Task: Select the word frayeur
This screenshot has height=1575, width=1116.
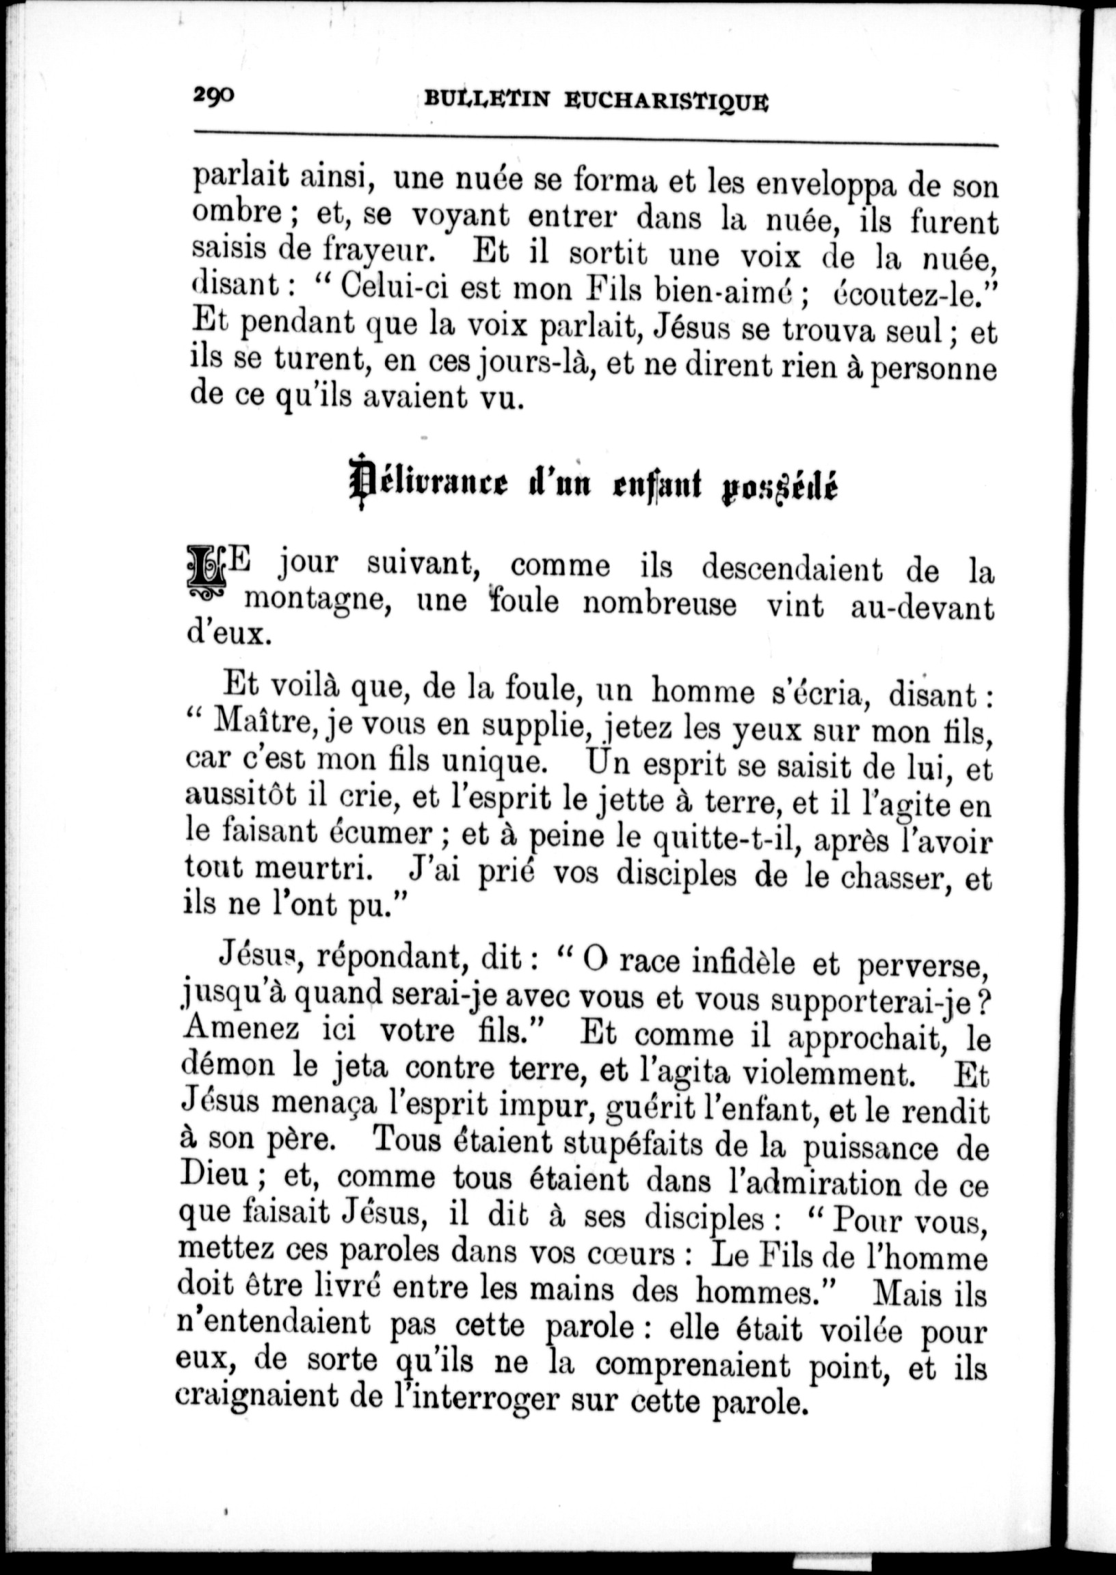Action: point(377,252)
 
